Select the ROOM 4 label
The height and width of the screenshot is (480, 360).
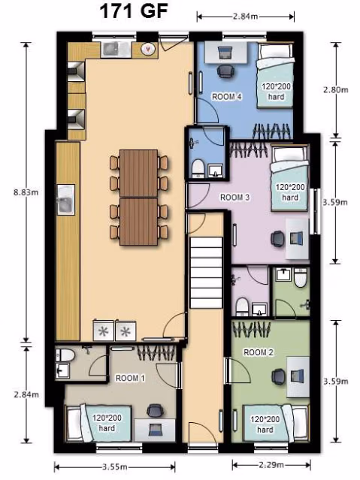point(226,97)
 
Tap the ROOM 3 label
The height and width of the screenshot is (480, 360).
point(234,198)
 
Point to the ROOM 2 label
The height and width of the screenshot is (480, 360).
point(258,352)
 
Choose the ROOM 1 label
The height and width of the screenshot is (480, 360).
point(130,379)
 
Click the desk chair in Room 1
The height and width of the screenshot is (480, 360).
point(156,412)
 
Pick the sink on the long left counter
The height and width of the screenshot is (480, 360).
point(65,201)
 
